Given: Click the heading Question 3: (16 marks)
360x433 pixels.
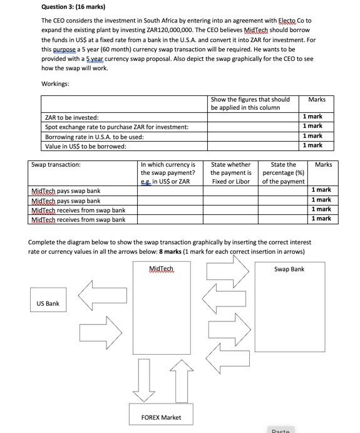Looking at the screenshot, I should click(x=73, y=7).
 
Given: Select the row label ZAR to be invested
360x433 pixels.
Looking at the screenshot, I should click(x=71, y=117).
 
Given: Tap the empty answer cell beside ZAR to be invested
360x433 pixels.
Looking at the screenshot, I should click(x=253, y=117).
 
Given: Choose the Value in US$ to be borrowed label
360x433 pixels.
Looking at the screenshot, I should click(x=85, y=145).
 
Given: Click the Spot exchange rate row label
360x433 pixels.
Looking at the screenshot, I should click(x=116, y=127).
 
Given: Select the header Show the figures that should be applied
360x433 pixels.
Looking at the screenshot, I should click(x=250, y=103).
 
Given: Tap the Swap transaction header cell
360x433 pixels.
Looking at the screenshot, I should click(x=56, y=165).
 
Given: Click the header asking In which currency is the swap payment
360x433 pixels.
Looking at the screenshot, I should click(x=168, y=173).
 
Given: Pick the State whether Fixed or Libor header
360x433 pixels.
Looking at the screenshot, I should click(x=230, y=173).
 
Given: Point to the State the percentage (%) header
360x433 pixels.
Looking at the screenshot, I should click(x=283, y=173).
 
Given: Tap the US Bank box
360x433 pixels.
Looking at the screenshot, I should click(x=48, y=304).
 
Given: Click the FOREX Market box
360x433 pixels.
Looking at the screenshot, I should click(x=162, y=417).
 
